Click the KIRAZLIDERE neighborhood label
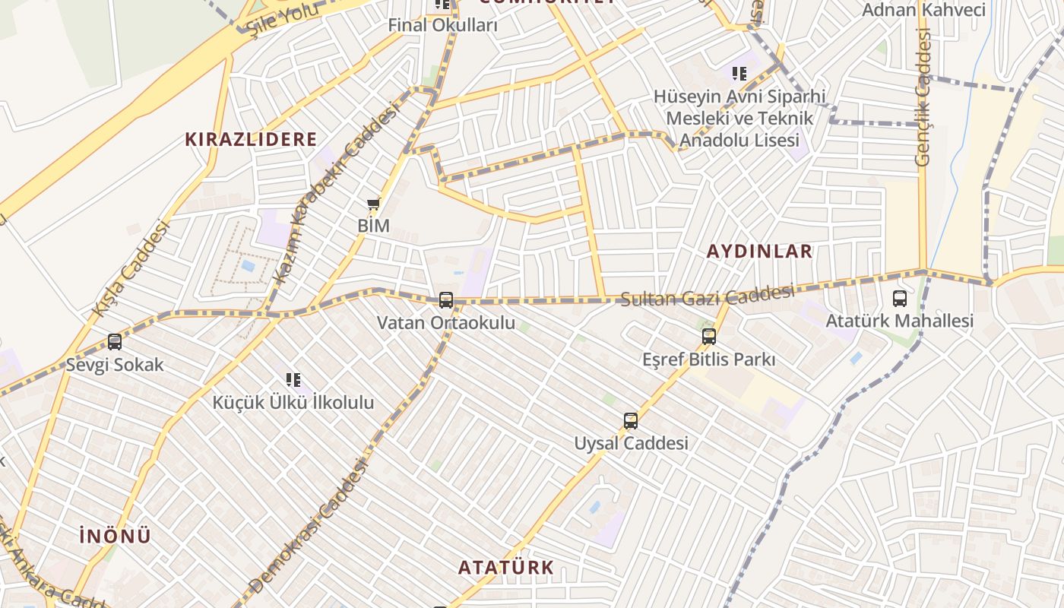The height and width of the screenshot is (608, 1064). pyautogui.click(x=251, y=140)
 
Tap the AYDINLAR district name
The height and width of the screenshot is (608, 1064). pyautogui.click(x=759, y=252)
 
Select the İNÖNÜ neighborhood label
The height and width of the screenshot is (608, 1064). pyautogui.click(x=116, y=536)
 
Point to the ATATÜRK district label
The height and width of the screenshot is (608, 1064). pyautogui.click(x=505, y=568)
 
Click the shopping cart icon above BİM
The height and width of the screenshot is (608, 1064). pyautogui.click(x=373, y=204)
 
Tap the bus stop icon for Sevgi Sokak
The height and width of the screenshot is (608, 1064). pyautogui.click(x=115, y=342)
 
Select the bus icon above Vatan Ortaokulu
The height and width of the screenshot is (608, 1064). pyautogui.click(x=446, y=300)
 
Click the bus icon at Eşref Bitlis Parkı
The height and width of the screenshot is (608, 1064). pyautogui.click(x=709, y=336)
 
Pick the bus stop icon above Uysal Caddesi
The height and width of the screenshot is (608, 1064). pyautogui.click(x=631, y=420)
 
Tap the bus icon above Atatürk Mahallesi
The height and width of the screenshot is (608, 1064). pyautogui.click(x=900, y=299)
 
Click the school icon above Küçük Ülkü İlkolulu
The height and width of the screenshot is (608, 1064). pyautogui.click(x=293, y=379)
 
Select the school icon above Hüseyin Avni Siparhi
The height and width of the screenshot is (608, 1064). pyautogui.click(x=739, y=74)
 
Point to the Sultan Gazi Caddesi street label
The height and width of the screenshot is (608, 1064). pyautogui.click(x=708, y=295)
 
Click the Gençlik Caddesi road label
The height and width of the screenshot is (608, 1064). pyautogui.click(x=923, y=97)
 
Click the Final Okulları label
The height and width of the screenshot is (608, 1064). pyautogui.click(x=442, y=25)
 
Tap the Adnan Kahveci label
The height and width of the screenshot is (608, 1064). pyautogui.click(x=923, y=10)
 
